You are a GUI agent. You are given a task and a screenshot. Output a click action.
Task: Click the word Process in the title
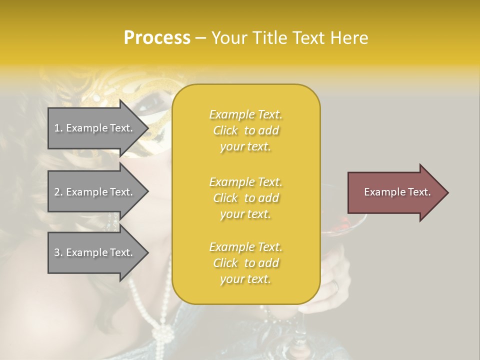[157, 38]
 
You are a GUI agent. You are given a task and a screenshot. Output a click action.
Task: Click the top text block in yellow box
[245, 130]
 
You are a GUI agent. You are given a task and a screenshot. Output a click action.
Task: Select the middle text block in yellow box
[245, 198]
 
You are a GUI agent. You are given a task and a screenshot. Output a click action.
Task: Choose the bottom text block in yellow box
[245, 263]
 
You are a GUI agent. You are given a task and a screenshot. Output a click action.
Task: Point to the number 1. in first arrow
[58, 128]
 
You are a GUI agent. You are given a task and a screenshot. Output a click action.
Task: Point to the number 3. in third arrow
[58, 252]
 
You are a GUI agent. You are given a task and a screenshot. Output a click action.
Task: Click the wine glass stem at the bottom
[298, 340]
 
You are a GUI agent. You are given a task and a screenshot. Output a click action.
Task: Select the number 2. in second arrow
[58, 192]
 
